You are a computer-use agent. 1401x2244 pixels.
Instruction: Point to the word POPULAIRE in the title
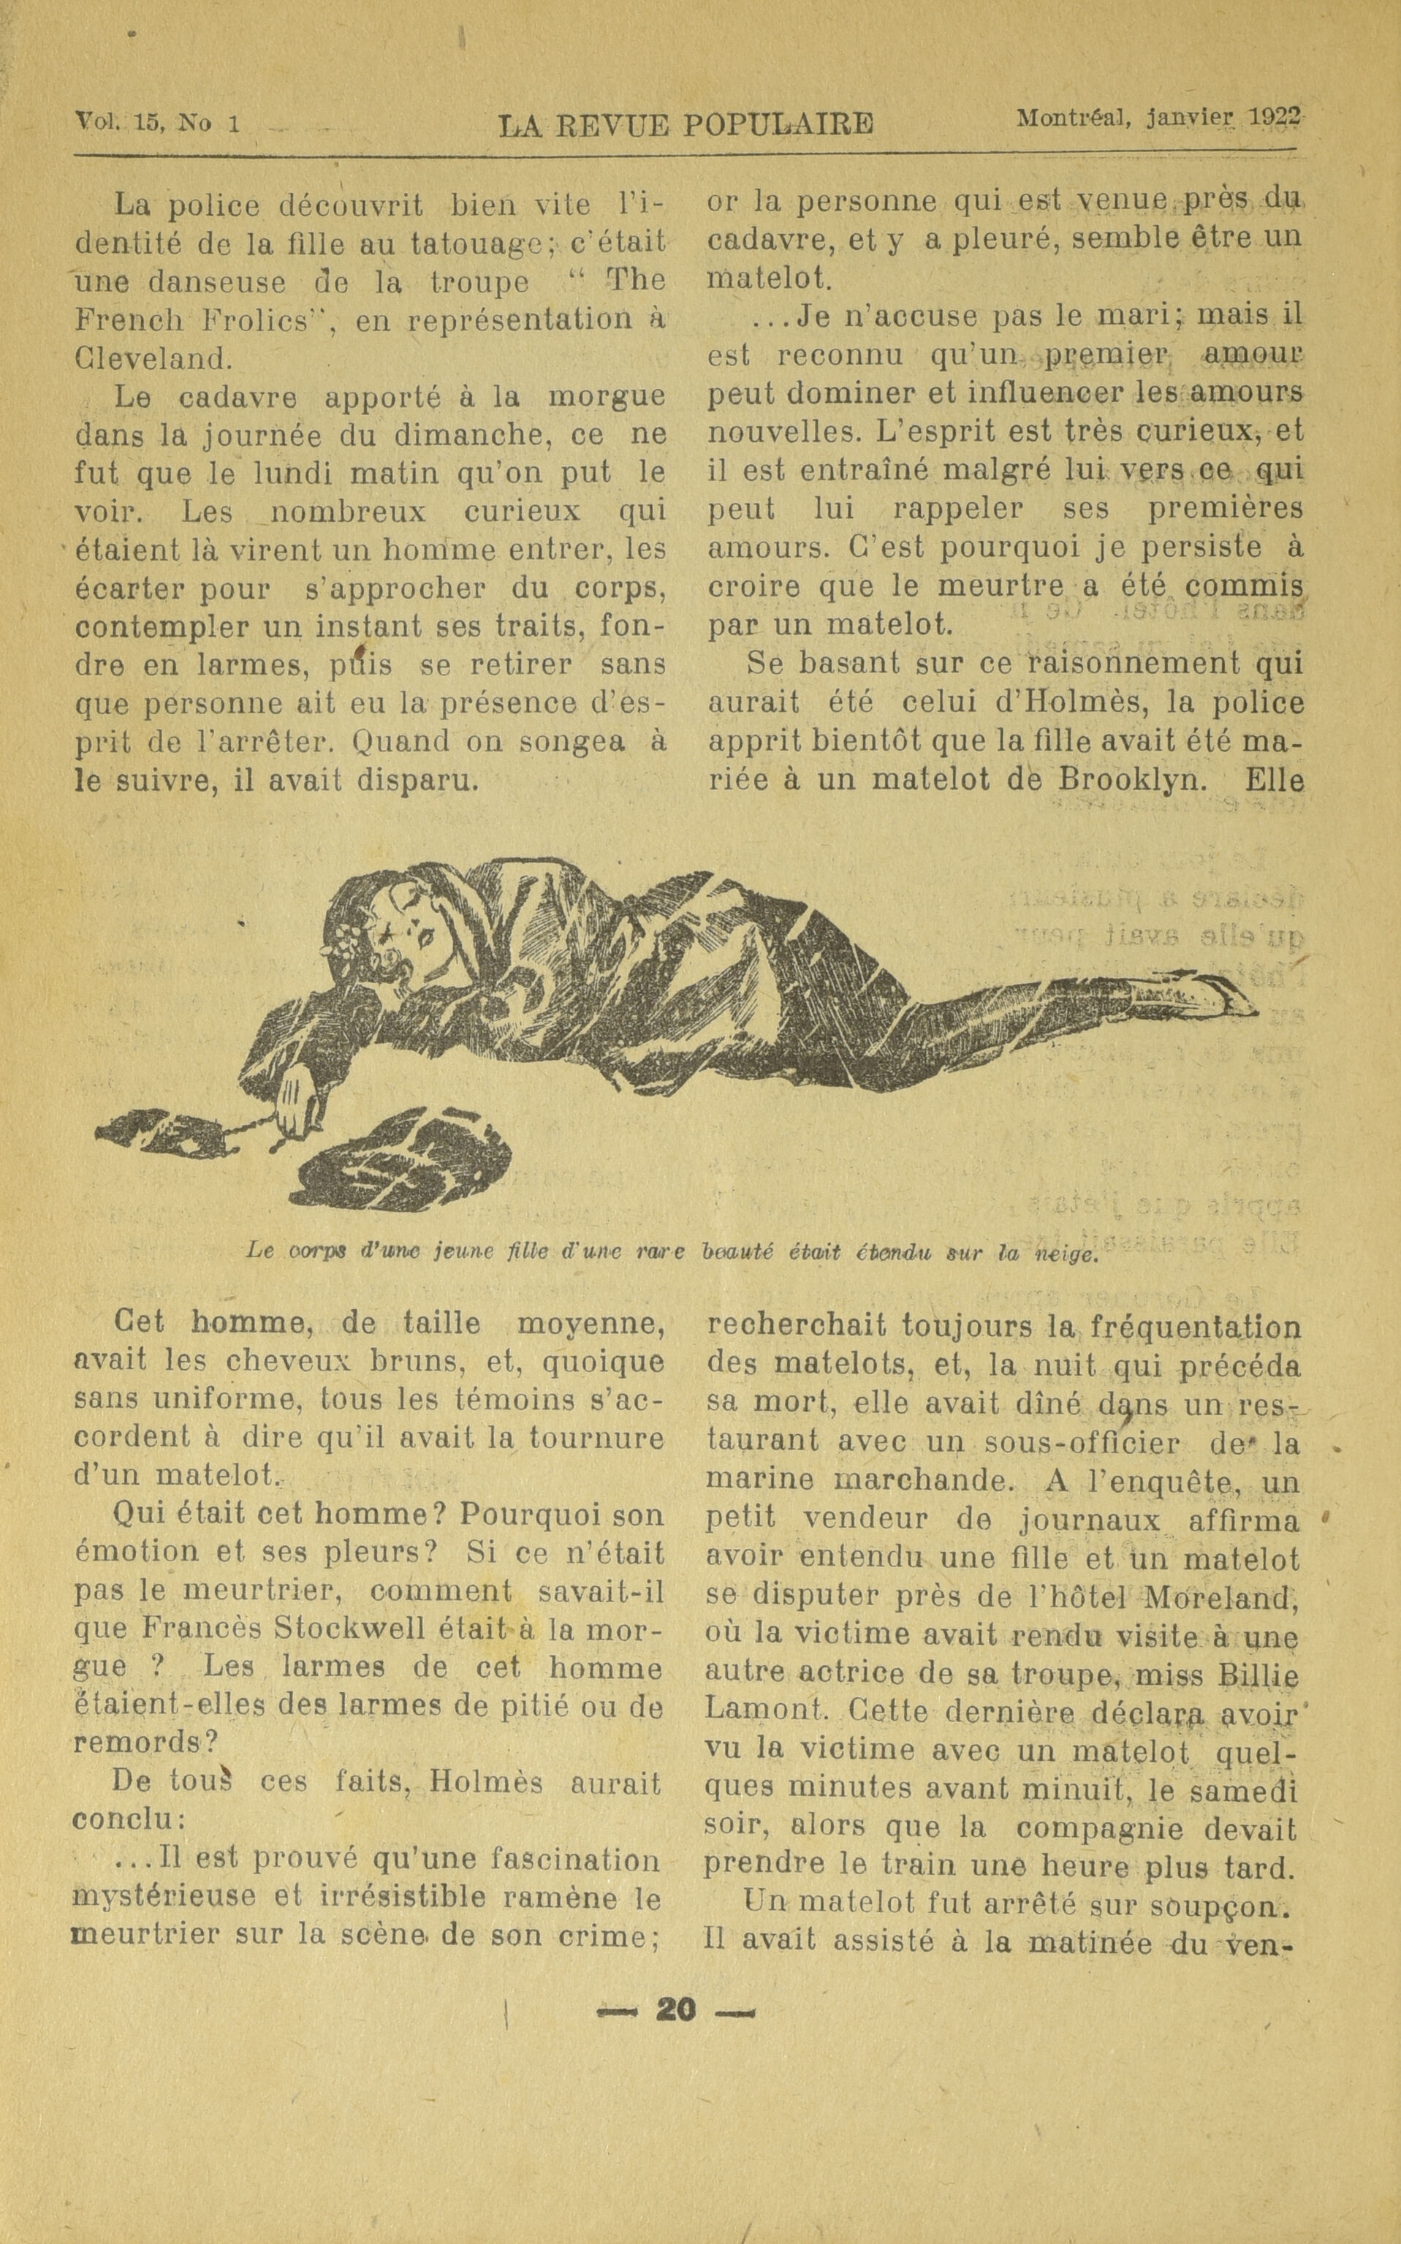point(778,124)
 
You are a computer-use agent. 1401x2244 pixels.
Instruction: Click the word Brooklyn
point(1131,780)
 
